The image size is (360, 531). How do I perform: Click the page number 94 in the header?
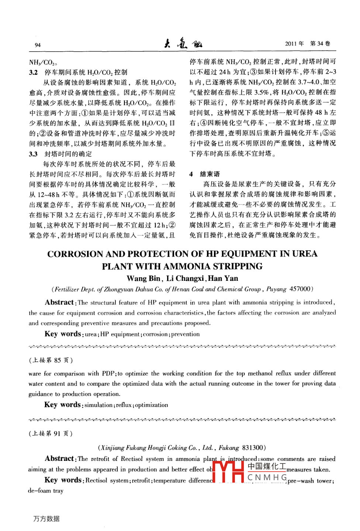tap(38, 45)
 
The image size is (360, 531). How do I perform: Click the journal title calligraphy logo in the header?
tap(183, 44)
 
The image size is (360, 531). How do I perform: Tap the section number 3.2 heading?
tap(34, 72)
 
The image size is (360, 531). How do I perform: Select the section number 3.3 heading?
tap(34, 154)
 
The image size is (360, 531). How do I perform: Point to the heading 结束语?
tap(210, 174)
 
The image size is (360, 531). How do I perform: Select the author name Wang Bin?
tap(143, 279)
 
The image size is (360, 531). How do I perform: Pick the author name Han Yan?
tap(223, 279)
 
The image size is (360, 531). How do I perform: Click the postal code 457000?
tap(300, 289)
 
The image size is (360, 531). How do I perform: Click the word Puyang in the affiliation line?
tap(276, 289)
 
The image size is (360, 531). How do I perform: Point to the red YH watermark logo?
tap(229, 472)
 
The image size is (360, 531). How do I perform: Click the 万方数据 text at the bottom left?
tap(46, 518)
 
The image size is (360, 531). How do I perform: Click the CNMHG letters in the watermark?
tap(267, 477)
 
